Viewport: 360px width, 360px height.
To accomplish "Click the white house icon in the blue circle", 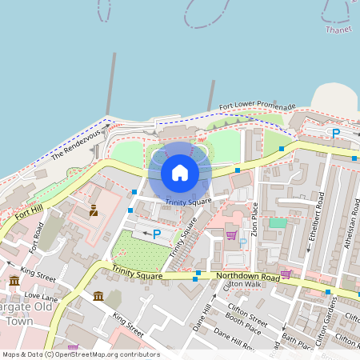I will pos(180,173).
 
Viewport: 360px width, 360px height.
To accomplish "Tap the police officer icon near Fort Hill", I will pos(94,210).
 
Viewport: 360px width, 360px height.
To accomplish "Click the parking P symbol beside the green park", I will pos(157,234).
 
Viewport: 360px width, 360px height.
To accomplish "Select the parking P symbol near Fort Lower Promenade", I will pos(336,134).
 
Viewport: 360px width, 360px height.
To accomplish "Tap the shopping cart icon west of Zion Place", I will pos(231,234).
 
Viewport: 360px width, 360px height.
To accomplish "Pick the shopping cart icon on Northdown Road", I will pos(286,274).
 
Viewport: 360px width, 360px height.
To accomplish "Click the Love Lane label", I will pos(42,297).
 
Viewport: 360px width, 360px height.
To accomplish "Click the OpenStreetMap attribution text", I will pos(81,354).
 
